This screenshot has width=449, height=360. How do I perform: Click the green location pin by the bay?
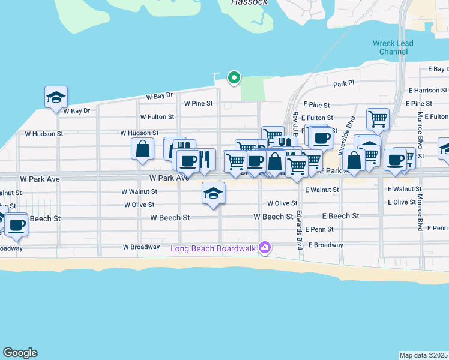pyautogui.click(x=234, y=77)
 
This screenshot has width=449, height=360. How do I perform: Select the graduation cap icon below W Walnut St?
pyautogui.click(x=213, y=194)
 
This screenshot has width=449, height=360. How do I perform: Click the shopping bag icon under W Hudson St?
pyautogui.click(x=143, y=149)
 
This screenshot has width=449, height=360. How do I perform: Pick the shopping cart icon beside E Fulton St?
pyautogui.click(x=378, y=119)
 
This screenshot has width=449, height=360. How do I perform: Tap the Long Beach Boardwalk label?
pyautogui.click(x=212, y=248)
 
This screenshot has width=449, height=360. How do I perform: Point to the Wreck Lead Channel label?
pyautogui.click(x=393, y=47)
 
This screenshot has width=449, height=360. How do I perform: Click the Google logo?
pyautogui.click(x=20, y=353)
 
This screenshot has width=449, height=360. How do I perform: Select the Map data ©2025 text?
pyautogui.click(x=423, y=355)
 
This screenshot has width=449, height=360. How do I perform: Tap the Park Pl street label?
pyautogui.click(x=345, y=85)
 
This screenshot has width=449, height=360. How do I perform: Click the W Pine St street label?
pyautogui.click(x=198, y=103)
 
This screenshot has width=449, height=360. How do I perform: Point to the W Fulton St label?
pyautogui.click(x=157, y=117)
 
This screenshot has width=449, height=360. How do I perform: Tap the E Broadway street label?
pyautogui.click(x=325, y=245)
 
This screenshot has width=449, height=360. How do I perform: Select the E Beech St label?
pyautogui.click(x=340, y=216)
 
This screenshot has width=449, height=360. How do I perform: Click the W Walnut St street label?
pyautogui.click(x=139, y=191)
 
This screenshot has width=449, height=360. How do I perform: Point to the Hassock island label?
pyautogui.click(x=249, y=2)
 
